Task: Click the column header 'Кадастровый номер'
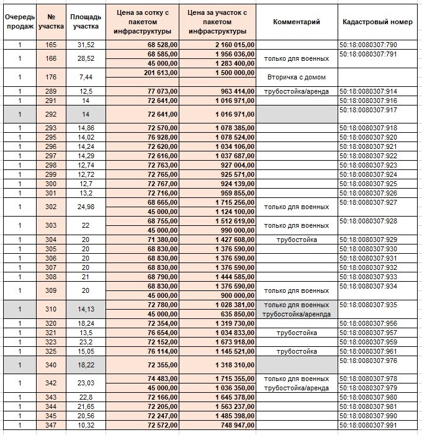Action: tap(377, 22)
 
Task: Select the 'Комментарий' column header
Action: tap(297, 22)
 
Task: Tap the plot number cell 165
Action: tap(51, 45)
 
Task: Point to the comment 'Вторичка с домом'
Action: tap(297, 78)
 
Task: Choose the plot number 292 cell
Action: tap(51, 114)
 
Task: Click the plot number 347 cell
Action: tap(51, 425)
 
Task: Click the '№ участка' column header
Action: tap(51, 22)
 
